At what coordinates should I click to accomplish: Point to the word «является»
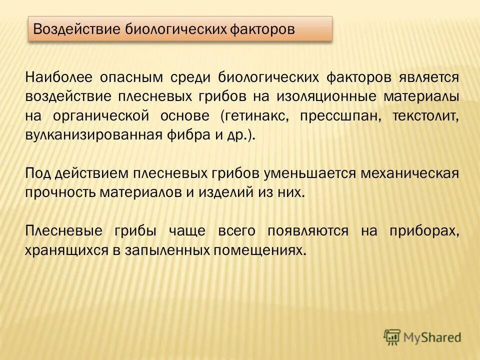point(428,78)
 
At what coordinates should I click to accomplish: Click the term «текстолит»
point(425,115)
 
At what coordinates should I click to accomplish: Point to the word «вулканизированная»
point(93,134)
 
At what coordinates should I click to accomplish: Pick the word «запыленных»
point(166,249)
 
